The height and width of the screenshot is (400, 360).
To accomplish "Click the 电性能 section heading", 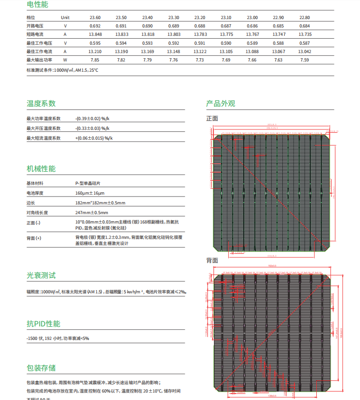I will [x=37, y=5].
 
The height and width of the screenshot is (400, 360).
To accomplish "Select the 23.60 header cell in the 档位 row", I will [x=95, y=17].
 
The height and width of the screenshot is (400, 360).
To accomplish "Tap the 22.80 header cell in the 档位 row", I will [x=305, y=17].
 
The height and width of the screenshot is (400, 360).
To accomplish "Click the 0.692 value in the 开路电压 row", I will [x=95, y=26].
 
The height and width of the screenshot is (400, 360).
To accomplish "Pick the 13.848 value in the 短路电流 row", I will [x=95, y=34].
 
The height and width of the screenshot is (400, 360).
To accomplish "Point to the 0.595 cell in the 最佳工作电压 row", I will [x=95, y=43].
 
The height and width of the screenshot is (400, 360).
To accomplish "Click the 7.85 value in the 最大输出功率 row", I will [x=95, y=60].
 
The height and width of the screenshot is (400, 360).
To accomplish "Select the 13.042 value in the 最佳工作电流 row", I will [x=305, y=52].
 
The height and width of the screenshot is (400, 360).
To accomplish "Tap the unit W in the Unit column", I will [x=65, y=60].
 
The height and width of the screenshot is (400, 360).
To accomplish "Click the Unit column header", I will [x=65, y=17].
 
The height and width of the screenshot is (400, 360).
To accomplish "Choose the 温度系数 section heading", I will [x=41, y=103].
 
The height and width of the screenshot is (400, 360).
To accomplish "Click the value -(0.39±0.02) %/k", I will [x=92, y=119].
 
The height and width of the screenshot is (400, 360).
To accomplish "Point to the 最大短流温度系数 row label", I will [x=44, y=138].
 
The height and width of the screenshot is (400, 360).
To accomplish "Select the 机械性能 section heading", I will [x=41, y=169].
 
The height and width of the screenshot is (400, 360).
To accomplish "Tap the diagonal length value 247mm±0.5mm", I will [x=91, y=212].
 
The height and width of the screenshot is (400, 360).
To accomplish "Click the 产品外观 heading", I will [x=220, y=103].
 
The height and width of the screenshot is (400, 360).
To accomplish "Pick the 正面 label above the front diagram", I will [x=212, y=118].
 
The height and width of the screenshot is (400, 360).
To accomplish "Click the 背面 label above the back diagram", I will [x=212, y=260].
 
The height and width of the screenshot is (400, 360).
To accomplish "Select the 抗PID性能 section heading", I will [x=44, y=324].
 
